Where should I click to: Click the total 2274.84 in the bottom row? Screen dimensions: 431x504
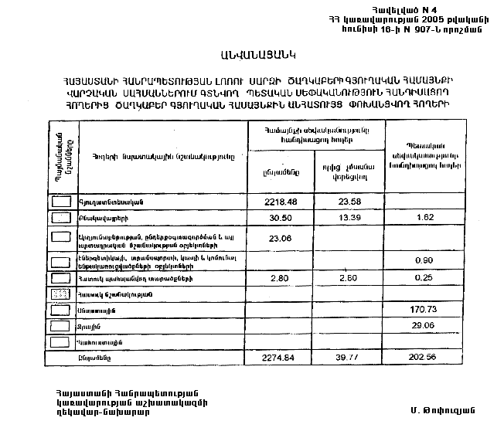point(278,358)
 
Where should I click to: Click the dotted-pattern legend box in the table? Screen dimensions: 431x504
point(60,294)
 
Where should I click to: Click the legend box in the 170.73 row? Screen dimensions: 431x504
point(60,310)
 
